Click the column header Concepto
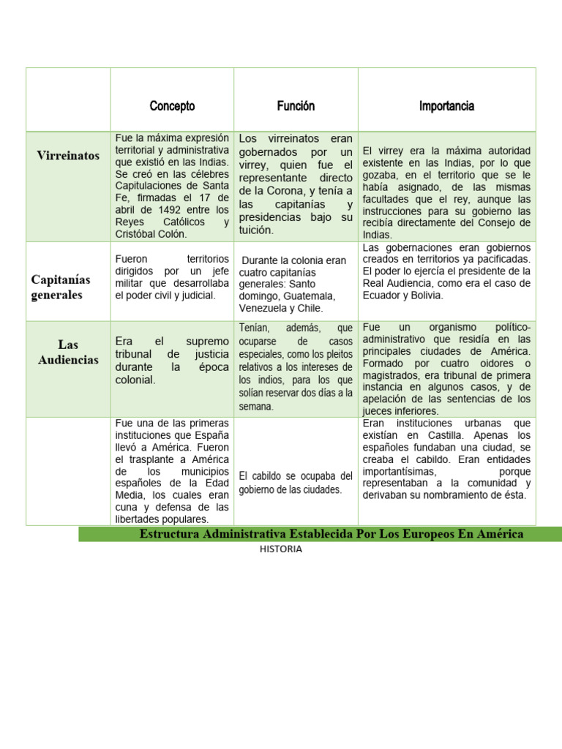click(172, 106)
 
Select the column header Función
click(296, 106)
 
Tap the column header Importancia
click(446, 106)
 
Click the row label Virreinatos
click(68, 156)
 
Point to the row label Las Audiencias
click(68, 352)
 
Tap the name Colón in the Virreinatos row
click(172, 234)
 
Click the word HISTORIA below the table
click(280, 549)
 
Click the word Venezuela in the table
click(264, 308)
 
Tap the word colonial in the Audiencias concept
click(135, 380)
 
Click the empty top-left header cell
click(68, 99)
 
